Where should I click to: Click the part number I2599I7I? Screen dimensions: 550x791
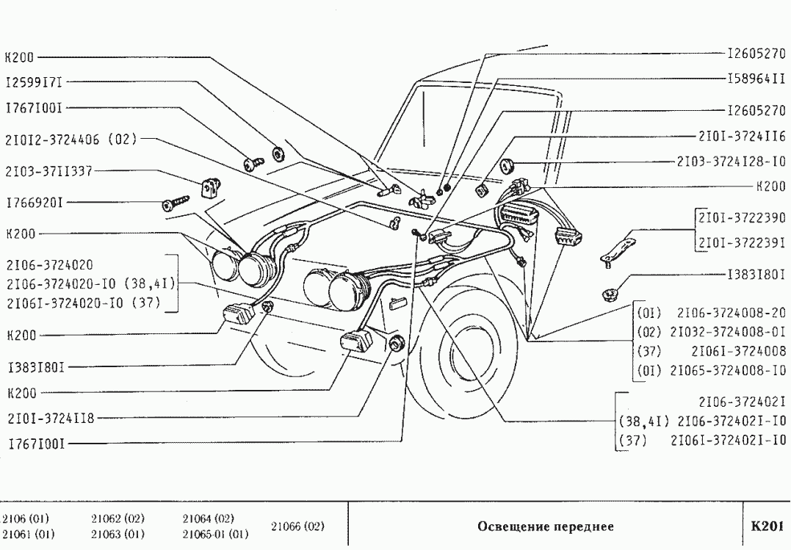35,83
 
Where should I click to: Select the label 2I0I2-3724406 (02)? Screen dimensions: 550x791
71,137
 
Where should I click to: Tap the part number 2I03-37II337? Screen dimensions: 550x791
49,171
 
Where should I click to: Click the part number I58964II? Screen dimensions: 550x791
756,78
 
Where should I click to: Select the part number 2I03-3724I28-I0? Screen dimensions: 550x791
732,161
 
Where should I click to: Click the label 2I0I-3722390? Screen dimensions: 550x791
743,218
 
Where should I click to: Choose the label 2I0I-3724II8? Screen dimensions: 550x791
50,419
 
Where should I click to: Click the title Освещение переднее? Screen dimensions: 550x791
545,527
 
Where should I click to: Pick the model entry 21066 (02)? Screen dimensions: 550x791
298,527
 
